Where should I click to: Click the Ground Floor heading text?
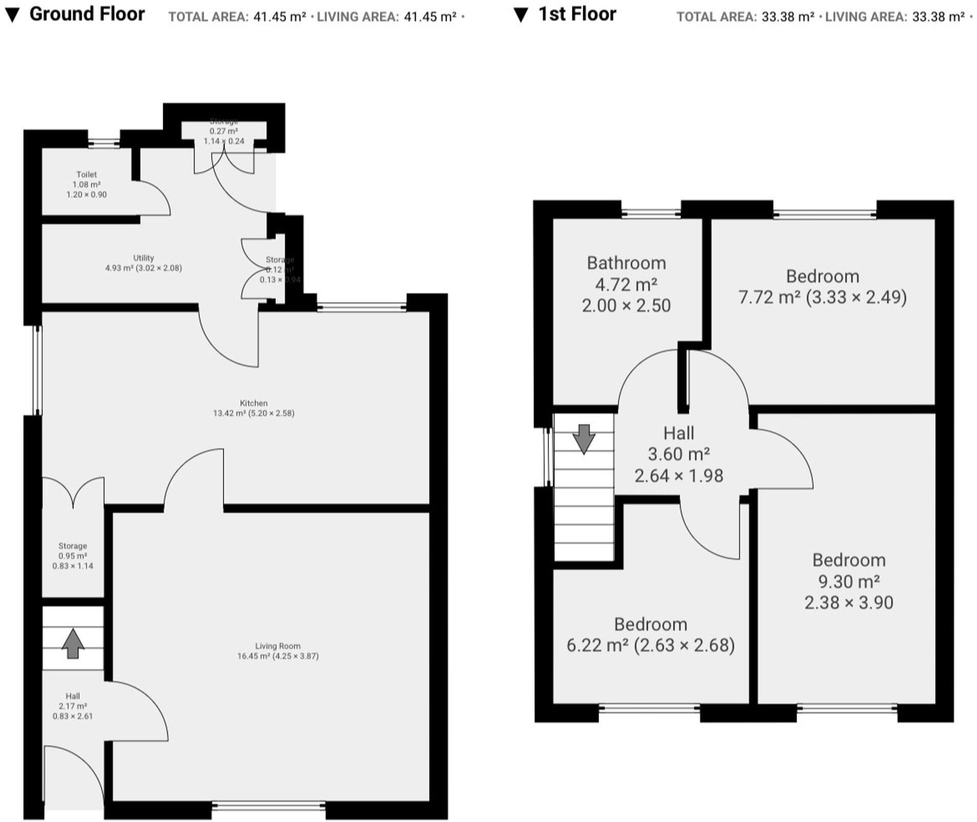point(87,14)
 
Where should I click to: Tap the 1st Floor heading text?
point(577,14)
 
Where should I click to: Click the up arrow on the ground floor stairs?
point(73,643)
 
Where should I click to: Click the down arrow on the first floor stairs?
point(584,439)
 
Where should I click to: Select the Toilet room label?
point(86,174)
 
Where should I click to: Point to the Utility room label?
point(143,258)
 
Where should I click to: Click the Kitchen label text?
point(254,403)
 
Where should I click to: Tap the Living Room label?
point(278,646)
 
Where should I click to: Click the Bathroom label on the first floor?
point(626,263)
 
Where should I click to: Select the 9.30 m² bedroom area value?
point(849,581)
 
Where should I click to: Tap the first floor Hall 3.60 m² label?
point(678,454)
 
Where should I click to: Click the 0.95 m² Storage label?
point(73,556)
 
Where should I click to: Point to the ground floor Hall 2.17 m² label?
point(73,706)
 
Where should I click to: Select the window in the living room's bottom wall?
point(268,806)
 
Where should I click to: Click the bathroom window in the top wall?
point(651,214)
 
